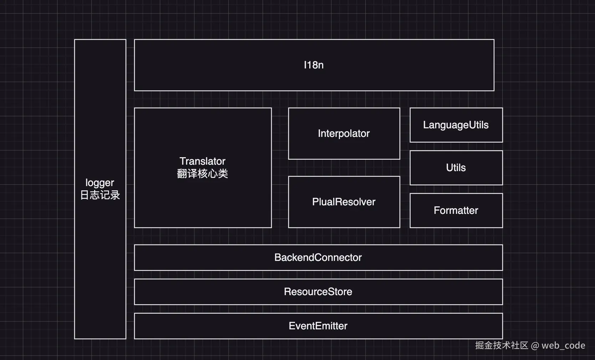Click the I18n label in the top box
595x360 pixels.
314,65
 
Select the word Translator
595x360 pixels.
202,161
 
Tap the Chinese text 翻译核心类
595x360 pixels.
202,174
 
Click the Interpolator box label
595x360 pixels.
344,133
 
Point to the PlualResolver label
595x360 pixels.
344,202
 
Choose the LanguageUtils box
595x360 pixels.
456,125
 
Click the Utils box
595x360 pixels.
456,168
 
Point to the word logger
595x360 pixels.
100,183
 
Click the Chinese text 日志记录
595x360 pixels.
100,195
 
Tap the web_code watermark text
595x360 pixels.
563,345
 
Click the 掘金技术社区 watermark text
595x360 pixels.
501,345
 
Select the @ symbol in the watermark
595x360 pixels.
535,346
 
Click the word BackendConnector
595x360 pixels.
318,257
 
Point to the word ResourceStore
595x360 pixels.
318,292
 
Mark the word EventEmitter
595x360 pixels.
318,326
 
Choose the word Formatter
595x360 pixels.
456,210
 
